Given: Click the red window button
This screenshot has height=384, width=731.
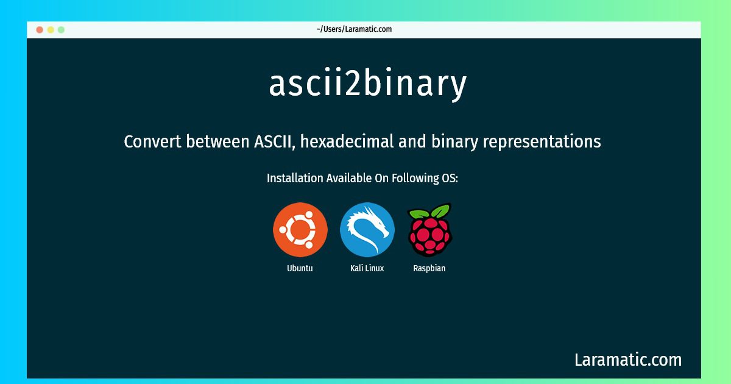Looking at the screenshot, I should (x=40, y=29).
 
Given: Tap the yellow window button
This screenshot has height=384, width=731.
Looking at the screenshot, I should (x=51, y=29).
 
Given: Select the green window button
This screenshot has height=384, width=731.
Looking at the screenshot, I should (x=61, y=29).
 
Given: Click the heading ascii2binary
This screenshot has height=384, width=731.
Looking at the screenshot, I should (x=368, y=84).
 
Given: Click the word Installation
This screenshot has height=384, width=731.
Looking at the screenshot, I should (x=295, y=179).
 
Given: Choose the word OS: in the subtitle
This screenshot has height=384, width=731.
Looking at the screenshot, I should (x=450, y=179).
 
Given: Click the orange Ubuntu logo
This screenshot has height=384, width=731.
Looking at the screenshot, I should (x=300, y=230).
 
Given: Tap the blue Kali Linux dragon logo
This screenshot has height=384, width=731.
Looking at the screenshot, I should (x=367, y=230).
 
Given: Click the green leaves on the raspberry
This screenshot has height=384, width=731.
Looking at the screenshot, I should (x=429, y=212).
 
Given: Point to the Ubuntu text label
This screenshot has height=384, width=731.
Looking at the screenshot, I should (x=300, y=268).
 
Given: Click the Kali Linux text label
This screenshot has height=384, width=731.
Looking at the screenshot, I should (x=367, y=268).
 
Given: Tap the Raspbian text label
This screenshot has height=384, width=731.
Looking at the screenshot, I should (x=429, y=268).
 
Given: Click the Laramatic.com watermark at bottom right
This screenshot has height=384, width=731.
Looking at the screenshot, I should (x=628, y=360).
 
